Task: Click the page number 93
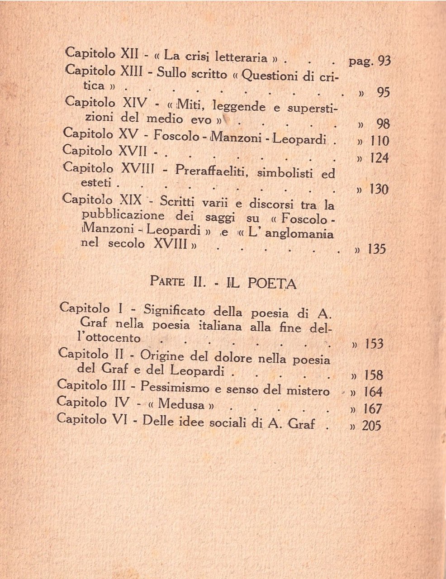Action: click(384, 61)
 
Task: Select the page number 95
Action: click(383, 92)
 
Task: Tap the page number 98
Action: click(383, 124)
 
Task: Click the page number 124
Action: click(379, 158)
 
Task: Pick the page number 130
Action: click(379, 190)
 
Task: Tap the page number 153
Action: click(374, 344)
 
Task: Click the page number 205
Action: click(372, 426)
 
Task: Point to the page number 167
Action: click(373, 409)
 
